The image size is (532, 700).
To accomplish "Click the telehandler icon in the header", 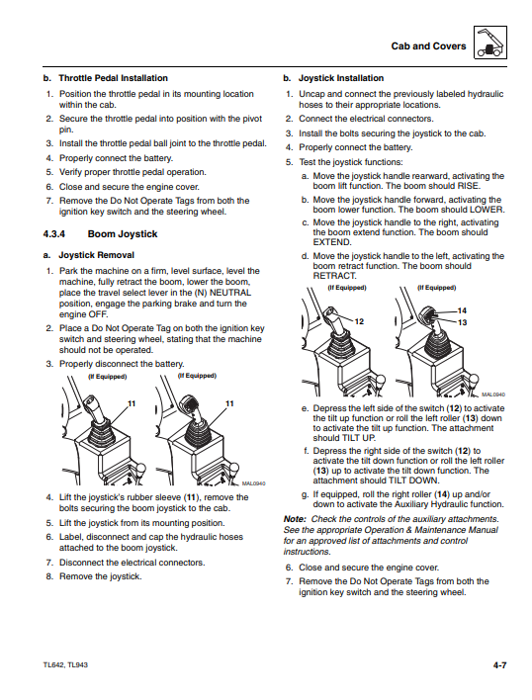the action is (489, 43).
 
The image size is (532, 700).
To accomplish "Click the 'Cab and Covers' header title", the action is (428, 46).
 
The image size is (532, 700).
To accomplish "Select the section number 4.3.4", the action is (54, 234).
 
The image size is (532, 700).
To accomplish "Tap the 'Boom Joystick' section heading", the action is (123, 234).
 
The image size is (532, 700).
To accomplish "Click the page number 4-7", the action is (500, 665).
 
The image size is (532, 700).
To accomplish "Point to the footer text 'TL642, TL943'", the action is (65, 664).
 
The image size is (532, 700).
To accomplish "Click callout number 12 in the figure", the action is (359, 321).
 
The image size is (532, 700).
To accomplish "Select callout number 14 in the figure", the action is (462, 310).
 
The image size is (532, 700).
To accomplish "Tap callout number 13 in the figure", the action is (462, 322).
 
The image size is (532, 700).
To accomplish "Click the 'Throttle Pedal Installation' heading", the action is (114, 78).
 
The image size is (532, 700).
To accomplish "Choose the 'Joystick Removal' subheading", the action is (96, 255).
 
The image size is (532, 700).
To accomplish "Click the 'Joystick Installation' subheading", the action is (341, 78).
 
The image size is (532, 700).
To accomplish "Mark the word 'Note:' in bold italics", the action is (295, 519).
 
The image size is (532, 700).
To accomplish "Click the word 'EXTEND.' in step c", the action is (332, 242).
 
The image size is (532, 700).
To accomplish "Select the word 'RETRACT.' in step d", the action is (335, 276).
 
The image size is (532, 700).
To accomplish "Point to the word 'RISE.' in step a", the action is (469, 186).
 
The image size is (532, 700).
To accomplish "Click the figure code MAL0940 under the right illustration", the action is (493, 394).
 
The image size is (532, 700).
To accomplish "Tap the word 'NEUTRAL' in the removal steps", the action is (230, 293).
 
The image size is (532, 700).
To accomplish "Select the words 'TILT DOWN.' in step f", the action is (414, 481).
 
